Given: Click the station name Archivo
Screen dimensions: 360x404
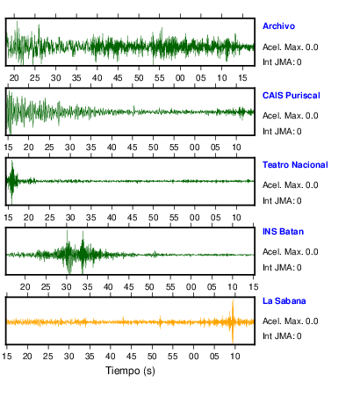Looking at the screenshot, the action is point(278,26).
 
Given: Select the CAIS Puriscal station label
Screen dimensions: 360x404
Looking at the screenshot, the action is point(292,96).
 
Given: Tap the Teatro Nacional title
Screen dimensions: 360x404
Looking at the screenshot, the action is point(295,165).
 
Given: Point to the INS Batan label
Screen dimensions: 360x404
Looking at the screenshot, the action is point(283,232).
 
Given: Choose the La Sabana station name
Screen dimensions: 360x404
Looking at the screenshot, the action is point(284,301).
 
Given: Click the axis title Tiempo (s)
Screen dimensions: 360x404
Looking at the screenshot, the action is point(130,371).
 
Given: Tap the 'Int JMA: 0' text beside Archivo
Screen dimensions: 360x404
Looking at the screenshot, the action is point(282,62).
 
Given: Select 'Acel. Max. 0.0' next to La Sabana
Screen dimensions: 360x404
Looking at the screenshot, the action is point(291,321).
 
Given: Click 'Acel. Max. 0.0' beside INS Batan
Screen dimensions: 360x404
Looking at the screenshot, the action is point(291,252).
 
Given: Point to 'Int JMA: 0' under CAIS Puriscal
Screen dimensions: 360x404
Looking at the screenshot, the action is point(282,132).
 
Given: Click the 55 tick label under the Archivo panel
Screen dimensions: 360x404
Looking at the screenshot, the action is point(159,78).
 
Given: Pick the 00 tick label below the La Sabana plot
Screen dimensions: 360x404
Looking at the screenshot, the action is point(193,356).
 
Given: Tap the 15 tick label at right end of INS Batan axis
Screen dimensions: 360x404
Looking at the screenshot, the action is point(254,286).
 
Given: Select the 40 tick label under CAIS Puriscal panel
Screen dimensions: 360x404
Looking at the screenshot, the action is point(112,148).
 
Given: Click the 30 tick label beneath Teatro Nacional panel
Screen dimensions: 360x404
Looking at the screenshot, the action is point(70,218).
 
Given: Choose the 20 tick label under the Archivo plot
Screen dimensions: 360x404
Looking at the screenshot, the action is point(14,78).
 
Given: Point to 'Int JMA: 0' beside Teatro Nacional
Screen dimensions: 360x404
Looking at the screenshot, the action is point(282,201).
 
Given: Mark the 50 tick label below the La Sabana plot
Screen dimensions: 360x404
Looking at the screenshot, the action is point(152,356).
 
